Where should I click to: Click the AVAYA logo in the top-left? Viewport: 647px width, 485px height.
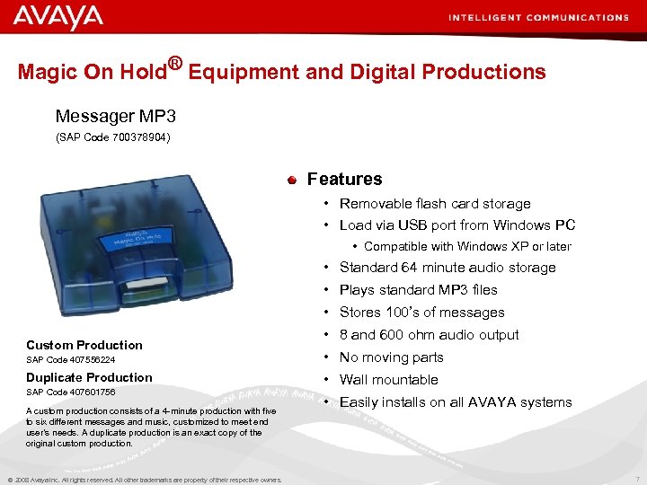tap(58, 17)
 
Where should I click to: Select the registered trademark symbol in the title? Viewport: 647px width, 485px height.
tap(175, 63)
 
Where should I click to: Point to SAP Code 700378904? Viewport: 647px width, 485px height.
tap(113, 137)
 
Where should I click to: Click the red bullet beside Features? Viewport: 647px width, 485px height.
tap(292, 180)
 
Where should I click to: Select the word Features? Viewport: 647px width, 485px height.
tap(344, 179)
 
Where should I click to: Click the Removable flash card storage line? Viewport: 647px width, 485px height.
tap(435, 204)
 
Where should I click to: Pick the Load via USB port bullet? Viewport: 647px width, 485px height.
tap(456, 225)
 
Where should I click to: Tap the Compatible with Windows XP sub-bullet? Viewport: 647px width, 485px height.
tap(467, 246)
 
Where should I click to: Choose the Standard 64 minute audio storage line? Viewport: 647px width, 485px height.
tap(448, 268)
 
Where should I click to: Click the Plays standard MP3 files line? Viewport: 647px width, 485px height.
tap(418, 290)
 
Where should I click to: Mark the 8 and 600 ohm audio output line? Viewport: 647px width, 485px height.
tap(429, 335)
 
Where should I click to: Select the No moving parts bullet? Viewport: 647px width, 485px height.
tap(391, 357)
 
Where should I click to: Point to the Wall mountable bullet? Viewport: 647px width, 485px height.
tap(388, 380)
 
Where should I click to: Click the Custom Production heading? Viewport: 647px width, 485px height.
tap(84, 345)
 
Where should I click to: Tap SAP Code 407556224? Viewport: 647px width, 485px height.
tap(70, 360)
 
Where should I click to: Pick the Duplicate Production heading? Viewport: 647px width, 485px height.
tap(89, 377)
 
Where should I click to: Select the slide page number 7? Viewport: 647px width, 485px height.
tap(636, 479)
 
